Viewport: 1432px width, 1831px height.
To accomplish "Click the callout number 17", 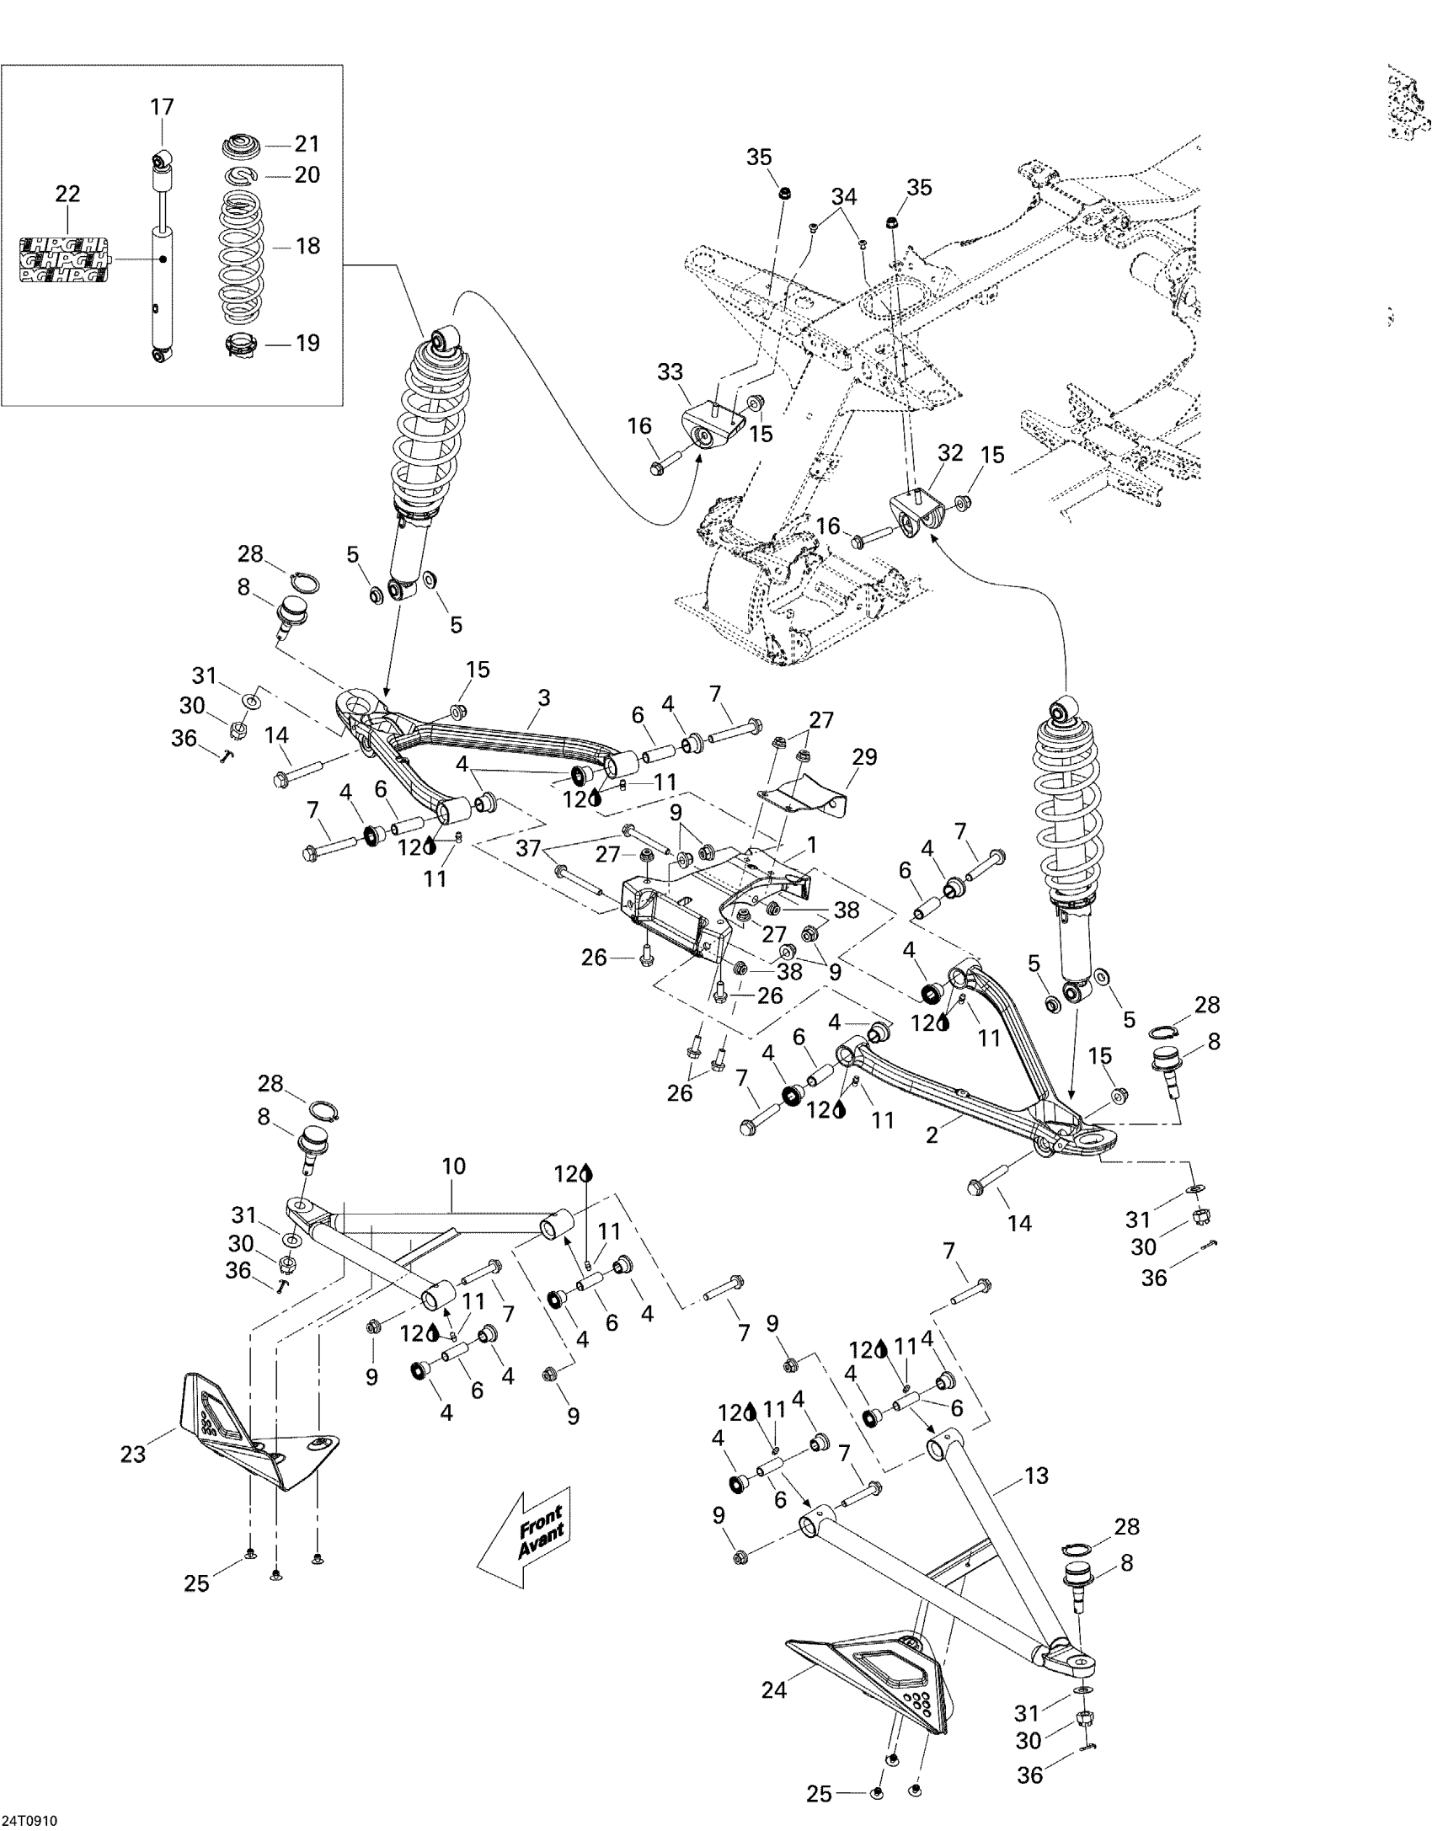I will coord(162,107).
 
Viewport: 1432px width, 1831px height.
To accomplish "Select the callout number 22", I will coord(67,194).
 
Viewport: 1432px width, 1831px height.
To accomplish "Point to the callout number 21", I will coord(307,144).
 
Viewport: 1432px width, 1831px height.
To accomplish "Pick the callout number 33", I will coord(670,371).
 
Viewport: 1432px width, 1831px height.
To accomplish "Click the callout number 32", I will coord(950,452).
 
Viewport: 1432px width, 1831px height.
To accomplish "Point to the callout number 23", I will coord(133,1454).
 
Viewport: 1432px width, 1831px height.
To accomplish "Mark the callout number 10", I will coord(453,1166).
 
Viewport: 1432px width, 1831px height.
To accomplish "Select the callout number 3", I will coord(543,697).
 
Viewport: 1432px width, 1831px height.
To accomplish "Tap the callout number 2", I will coord(932,1135).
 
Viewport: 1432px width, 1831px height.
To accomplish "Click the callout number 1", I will coord(812,844).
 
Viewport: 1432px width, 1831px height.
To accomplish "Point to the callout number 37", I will coord(528,848).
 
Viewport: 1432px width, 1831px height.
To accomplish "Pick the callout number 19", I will coord(307,343).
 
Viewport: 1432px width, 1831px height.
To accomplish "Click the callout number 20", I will coord(307,174).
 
